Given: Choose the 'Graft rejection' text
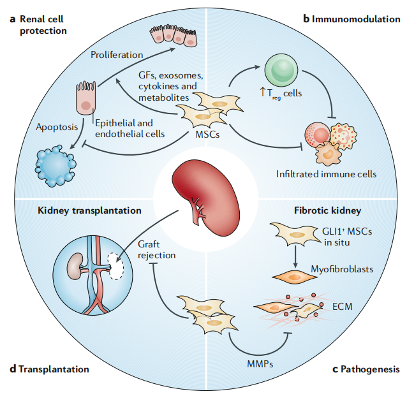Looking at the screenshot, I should click(x=156, y=249).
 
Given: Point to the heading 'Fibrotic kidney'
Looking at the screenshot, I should click(x=327, y=209).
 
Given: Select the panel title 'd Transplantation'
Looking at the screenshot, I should click(x=49, y=369).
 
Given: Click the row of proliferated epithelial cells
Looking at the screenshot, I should click(x=174, y=36).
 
